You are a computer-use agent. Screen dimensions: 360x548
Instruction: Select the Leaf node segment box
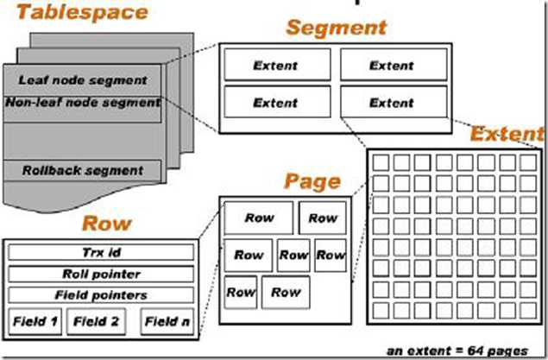point(82,80)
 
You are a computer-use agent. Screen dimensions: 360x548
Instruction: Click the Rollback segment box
point(82,170)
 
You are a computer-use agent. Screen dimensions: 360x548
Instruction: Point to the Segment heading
point(336,28)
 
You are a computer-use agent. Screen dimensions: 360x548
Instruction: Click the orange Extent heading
point(507,135)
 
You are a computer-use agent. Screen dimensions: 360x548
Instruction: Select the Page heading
point(312,183)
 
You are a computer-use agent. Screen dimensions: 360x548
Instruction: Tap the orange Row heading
point(106,224)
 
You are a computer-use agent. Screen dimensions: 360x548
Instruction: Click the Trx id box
point(101,253)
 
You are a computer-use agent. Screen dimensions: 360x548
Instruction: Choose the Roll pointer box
point(101,275)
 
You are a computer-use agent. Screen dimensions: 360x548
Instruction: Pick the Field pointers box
point(101,295)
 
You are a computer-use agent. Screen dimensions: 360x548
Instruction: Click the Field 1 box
point(35,323)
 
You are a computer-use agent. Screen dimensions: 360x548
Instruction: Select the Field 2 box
point(95,323)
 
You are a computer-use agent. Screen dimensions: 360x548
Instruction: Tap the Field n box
point(166,323)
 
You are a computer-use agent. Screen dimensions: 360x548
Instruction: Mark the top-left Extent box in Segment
point(276,65)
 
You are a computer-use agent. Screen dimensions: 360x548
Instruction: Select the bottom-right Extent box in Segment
point(392,103)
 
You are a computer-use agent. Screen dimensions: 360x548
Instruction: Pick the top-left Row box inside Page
point(258,218)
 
